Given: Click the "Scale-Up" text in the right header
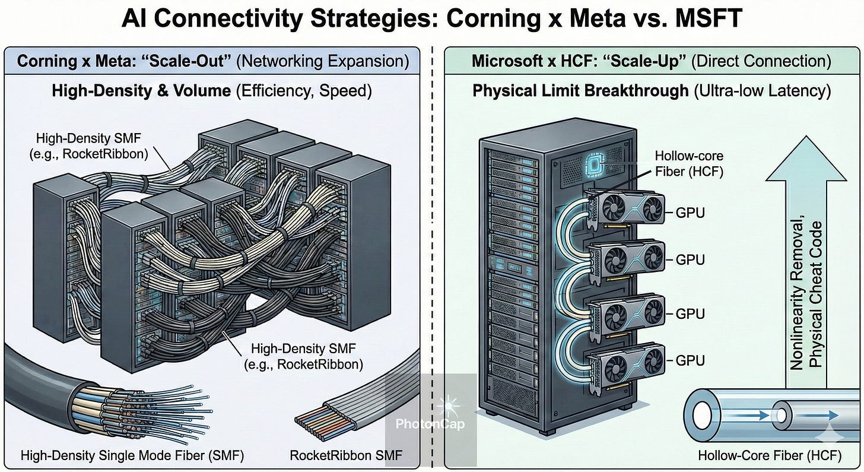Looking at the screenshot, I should tap(644, 61).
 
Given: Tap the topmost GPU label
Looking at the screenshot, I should tap(690, 212).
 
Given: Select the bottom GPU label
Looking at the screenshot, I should tap(690, 360).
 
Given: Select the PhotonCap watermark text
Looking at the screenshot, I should tap(431, 424).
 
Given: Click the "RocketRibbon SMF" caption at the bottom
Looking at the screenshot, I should tap(346, 456).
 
